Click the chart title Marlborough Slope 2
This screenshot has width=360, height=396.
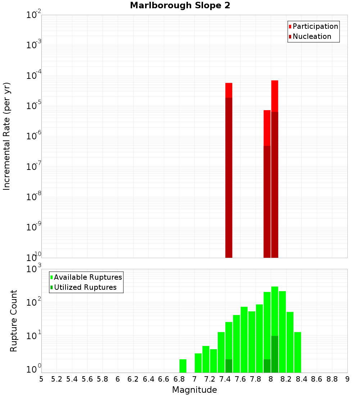[x=180, y=6]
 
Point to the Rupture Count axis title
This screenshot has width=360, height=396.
[x=14, y=321]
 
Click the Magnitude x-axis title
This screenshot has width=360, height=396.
[x=194, y=390]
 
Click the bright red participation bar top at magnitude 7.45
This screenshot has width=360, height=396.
[x=229, y=90]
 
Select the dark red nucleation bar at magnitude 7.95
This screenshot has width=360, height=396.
[x=267, y=202]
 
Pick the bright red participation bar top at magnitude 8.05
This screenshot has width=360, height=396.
[x=275, y=96]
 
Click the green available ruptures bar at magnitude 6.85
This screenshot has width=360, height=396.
[x=183, y=366]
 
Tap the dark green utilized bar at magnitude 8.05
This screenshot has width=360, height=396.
[x=275, y=354]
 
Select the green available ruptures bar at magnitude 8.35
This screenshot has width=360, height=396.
[x=298, y=352]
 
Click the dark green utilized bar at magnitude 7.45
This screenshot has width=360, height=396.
[x=229, y=366]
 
